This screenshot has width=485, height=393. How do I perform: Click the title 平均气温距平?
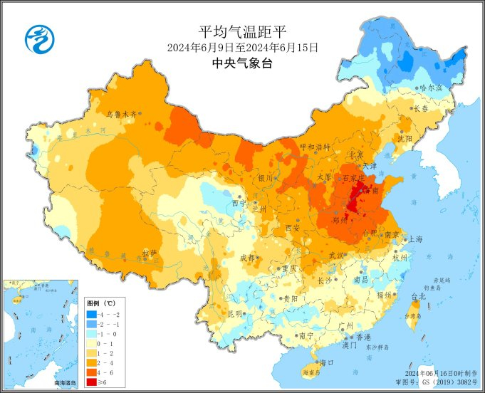tap(242, 31)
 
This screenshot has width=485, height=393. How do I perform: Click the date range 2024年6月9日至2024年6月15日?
tap(242, 48)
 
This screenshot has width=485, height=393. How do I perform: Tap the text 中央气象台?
tap(242, 63)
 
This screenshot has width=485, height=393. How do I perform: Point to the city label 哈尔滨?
tap(431, 88)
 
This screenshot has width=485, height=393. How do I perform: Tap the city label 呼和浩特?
tap(315, 147)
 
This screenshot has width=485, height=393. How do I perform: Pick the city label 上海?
tap(415, 240)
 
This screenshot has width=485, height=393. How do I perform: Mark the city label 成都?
tap(247, 257)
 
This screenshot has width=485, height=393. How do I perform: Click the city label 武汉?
tap(337, 255)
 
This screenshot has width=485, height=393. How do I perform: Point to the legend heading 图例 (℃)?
tap(100, 303)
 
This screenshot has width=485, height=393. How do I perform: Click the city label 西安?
tap(293, 228)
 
